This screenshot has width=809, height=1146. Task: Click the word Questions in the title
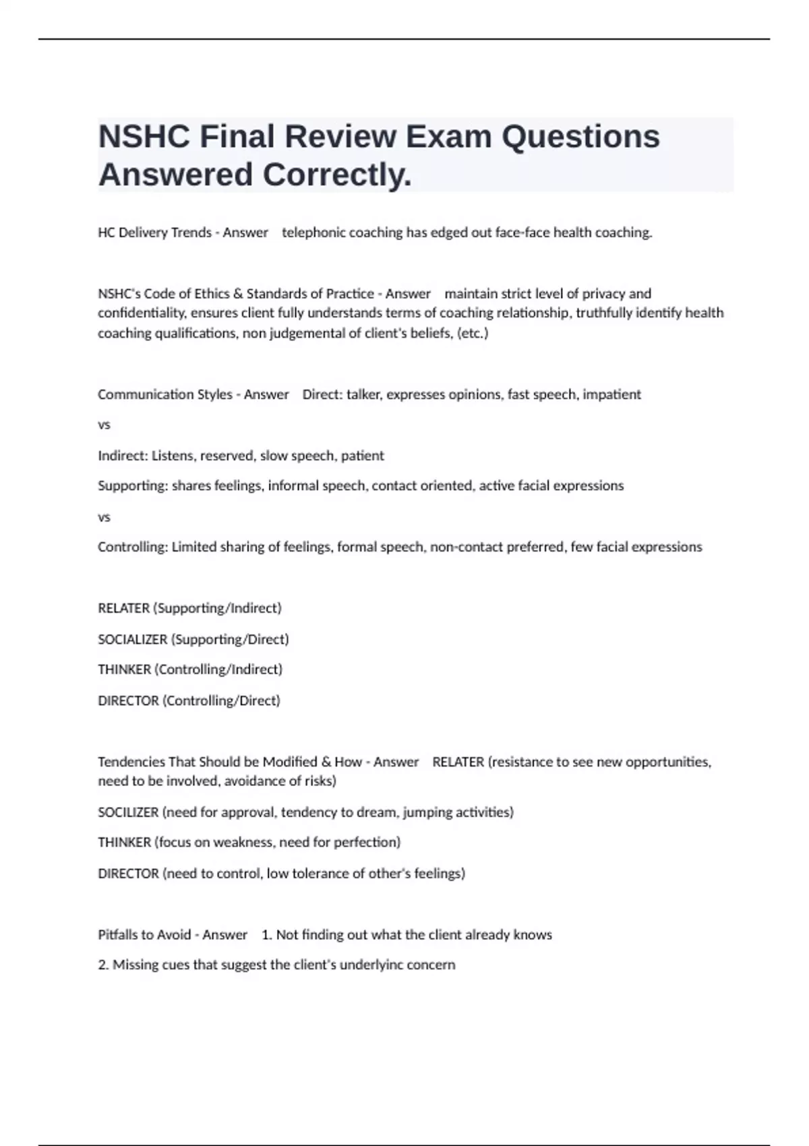click(580, 136)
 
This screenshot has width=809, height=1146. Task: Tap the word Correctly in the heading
click(336, 175)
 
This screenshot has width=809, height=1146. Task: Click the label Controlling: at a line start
click(132, 547)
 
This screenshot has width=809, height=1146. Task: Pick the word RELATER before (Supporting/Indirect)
click(123, 608)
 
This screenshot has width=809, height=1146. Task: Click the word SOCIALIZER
click(132, 639)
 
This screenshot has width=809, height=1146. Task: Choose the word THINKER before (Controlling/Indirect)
click(124, 669)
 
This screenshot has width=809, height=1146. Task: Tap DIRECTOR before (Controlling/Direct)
click(128, 700)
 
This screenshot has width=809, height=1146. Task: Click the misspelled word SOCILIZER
click(128, 812)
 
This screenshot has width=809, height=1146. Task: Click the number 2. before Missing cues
click(103, 965)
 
